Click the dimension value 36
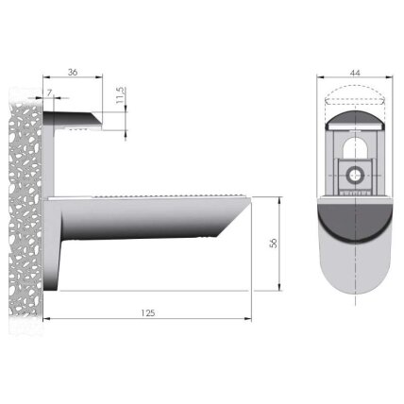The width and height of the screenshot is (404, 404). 73,72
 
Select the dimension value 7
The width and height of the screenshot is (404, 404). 49,93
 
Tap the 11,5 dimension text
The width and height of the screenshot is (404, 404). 121,95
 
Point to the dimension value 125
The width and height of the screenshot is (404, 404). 147,313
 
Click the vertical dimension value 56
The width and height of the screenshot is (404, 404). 274,243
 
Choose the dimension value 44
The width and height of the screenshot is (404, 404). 355,73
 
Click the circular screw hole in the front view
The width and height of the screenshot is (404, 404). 355,175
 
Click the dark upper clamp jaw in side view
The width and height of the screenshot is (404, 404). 73,118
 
